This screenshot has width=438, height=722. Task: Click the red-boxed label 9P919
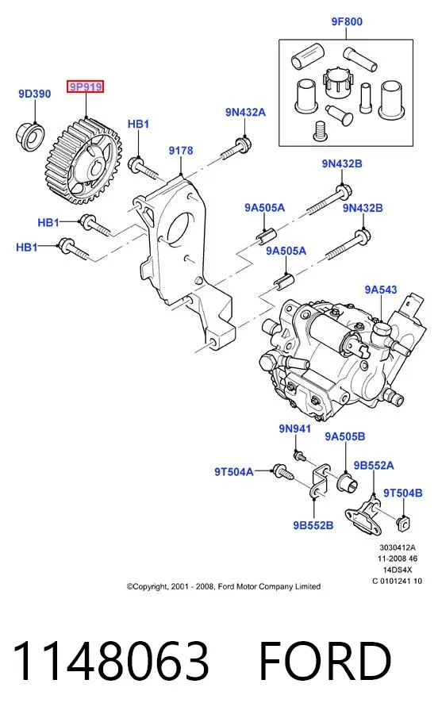[x=85, y=86]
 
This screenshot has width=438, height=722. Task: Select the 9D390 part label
[x=35, y=94]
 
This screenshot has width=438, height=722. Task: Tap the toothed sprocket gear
[x=83, y=163]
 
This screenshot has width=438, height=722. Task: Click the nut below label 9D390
[x=31, y=135]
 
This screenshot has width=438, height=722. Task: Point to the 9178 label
[x=181, y=151]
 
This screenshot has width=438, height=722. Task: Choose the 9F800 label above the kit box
[x=347, y=21]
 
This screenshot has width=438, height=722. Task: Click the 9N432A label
[x=245, y=113]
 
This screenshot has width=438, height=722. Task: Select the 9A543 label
[x=381, y=290]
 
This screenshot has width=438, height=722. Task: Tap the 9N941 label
[x=294, y=428]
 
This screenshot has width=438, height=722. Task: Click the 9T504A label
[x=234, y=472]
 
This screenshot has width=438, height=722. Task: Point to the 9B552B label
[x=313, y=525]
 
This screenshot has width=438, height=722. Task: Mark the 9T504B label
[x=403, y=493]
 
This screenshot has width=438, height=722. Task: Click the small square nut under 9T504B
[x=403, y=522]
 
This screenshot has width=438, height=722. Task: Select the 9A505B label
[x=345, y=436]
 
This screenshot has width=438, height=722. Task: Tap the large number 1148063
[x=110, y=661]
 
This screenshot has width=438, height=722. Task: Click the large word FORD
[x=325, y=661]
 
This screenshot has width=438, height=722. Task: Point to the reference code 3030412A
[x=398, y=547]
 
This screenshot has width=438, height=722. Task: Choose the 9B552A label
[x=374, y=466]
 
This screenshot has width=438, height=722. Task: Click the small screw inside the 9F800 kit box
[x=318, y=130]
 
